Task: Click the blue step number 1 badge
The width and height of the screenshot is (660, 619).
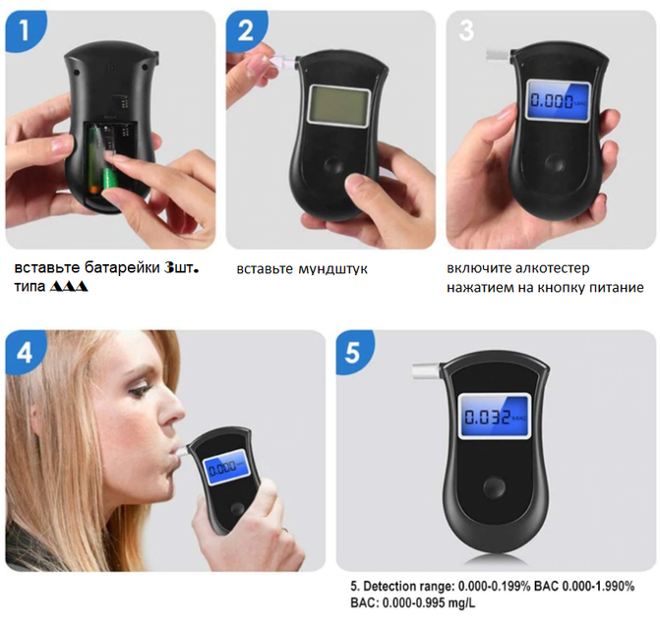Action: tap(25, 30)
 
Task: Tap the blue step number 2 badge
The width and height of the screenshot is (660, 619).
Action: tap(246, 30)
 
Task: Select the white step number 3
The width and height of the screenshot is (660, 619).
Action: tap(466, 30)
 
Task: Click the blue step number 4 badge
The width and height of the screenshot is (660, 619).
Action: tap(25, 352)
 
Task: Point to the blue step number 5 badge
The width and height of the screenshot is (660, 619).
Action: tap(353, 352)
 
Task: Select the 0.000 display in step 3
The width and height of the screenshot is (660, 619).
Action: tap(558, 101)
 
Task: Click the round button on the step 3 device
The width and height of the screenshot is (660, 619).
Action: tap(555, 163)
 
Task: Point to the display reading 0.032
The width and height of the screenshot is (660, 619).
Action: tap(494, 417)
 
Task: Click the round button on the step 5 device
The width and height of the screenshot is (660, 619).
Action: tap(494, 487)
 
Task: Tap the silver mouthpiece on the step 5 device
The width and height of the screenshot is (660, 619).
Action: tap(426, 371)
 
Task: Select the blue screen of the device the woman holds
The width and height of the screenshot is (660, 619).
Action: tap(226, 467)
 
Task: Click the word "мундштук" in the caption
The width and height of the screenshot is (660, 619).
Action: tap(332, 269)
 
